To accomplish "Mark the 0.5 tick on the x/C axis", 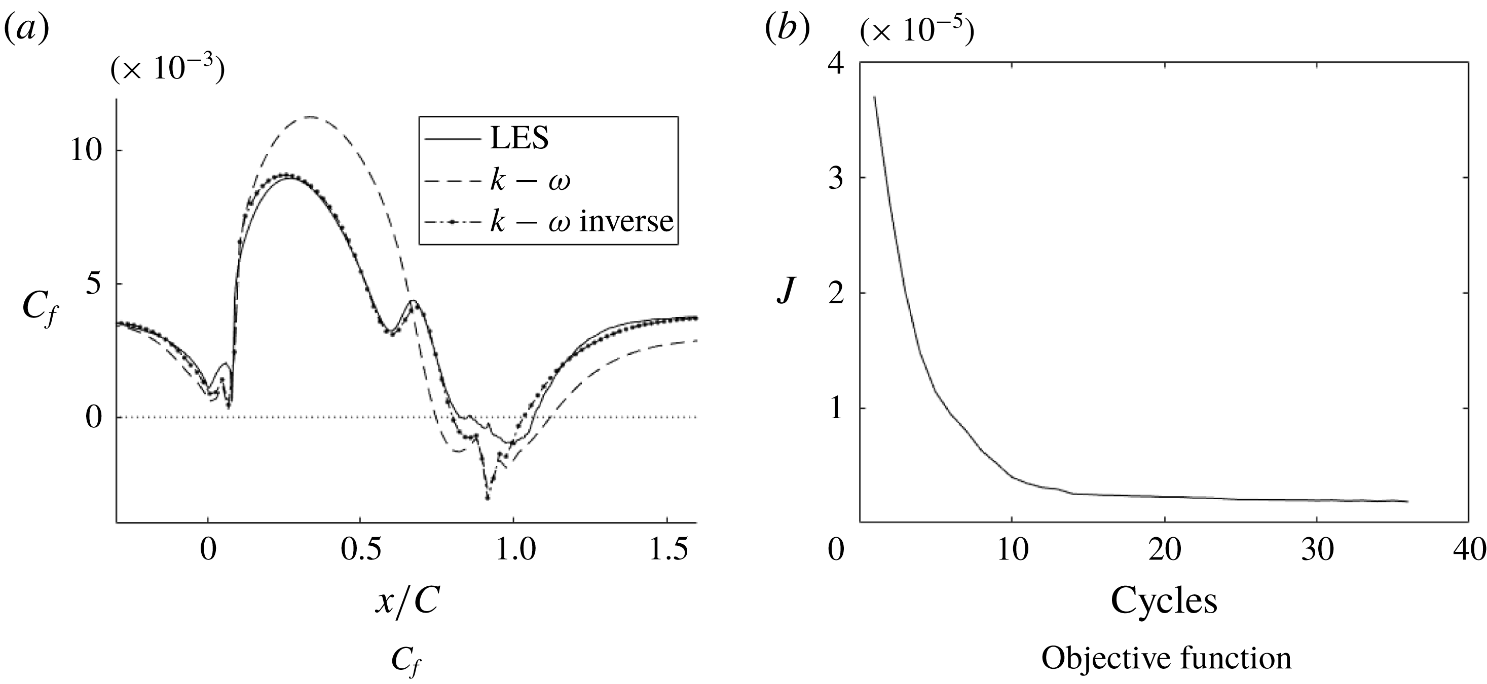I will pyautogui.click(x=360, y=550).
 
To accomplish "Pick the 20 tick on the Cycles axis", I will pyautogui.click(x=1164, y=550).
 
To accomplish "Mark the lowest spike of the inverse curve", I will pyautogui.click(x=488, y=498).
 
